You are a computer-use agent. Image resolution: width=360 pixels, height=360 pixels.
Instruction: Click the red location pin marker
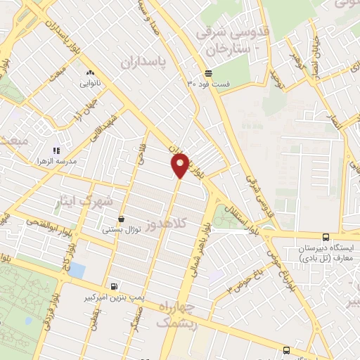[x=179, y=166]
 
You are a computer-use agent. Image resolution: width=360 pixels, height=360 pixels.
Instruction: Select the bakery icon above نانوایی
[x=89, y=72]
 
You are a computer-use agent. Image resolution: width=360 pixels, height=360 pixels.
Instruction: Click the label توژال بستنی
[x=122, y=229]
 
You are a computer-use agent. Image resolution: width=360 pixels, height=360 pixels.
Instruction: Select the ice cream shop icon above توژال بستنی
[x=122, y=219]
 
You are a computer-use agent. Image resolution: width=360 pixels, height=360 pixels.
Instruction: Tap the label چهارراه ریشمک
[x=176, y=314]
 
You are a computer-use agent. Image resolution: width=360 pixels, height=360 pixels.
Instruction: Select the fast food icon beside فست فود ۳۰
[x=208, y=74]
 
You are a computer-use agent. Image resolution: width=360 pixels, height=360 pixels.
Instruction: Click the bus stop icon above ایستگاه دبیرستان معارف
[x=325, y=238]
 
